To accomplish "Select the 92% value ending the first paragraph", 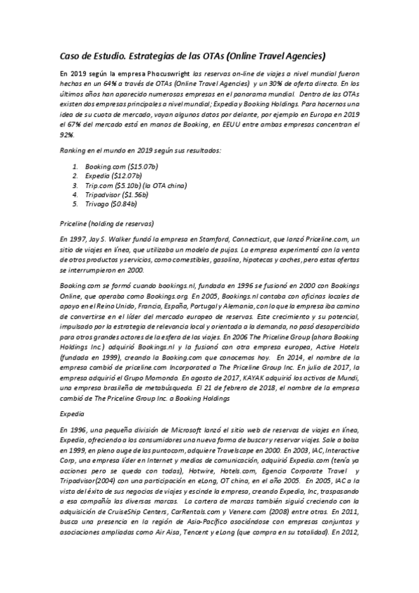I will [68, 134].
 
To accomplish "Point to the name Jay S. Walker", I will [115, 239].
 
